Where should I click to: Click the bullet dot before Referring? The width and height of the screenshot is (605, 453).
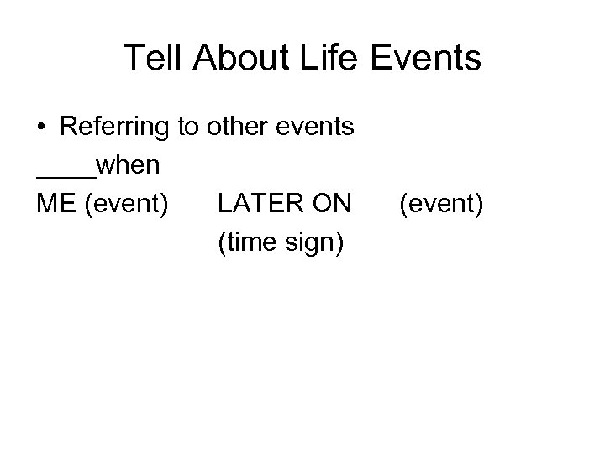click(x=42, y=128)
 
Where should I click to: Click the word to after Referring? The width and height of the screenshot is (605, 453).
click(x=187, y=128)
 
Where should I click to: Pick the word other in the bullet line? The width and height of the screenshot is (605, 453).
click(x=232, y=128)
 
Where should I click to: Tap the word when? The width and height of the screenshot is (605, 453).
click(x=128, y=165)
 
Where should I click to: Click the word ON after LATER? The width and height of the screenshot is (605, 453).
click(x=331, y=204)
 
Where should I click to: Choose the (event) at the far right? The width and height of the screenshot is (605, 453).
click(x=441, y=205)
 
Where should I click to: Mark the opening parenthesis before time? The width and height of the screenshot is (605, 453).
click(x=221, y=243)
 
